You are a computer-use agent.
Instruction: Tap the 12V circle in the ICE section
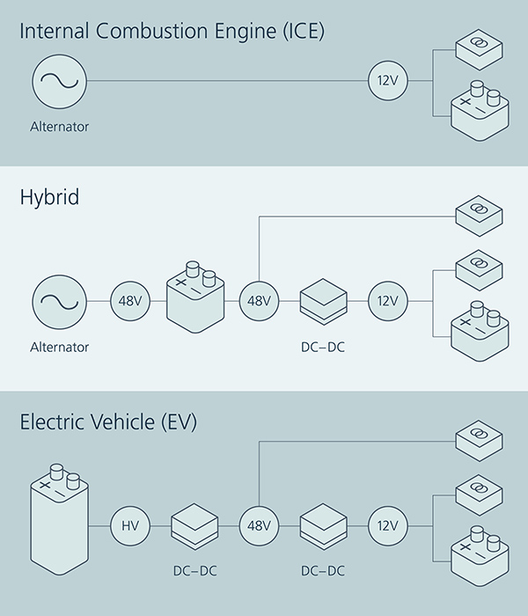[388, 82]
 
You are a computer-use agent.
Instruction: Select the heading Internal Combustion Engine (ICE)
[172, 32]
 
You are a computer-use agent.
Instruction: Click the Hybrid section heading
[49, 197]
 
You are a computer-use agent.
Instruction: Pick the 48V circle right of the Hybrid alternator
[129, 302]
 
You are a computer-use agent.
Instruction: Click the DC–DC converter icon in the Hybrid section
[322, 302]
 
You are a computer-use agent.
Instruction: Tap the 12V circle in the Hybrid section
[388, 302]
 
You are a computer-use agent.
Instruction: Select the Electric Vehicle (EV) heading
[108, 422]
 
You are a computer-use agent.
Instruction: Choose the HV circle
[129, 527]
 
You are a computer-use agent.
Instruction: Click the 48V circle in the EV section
[259, 527]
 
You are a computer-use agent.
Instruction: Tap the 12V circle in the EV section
[388, 527]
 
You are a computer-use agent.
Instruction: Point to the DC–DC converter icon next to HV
[194, 527]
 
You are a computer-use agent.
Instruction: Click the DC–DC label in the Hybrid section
[322, 348]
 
